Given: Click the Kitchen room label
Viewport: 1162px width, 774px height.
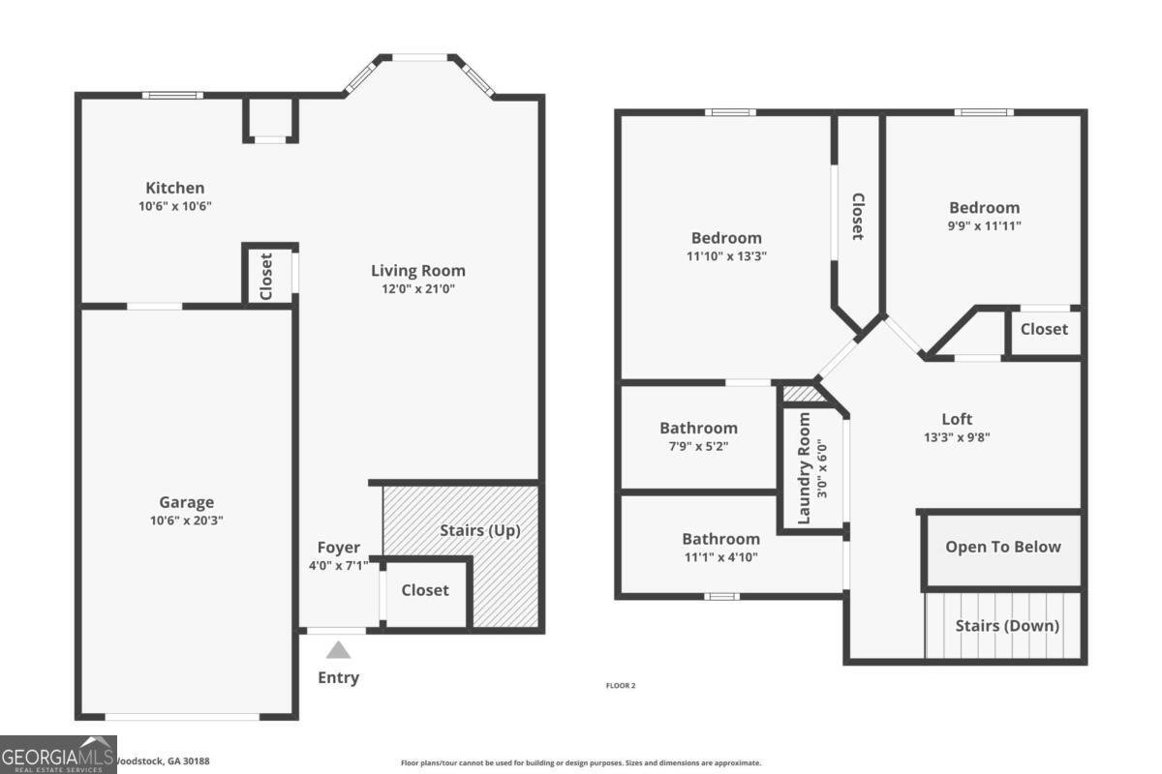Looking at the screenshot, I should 175,188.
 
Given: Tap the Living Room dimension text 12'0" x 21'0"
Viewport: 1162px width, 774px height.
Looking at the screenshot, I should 418,289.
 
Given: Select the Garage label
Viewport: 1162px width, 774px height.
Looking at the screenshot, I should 187,502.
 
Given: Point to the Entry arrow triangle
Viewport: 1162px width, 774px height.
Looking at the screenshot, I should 338,650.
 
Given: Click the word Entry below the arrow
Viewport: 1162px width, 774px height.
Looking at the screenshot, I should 338,677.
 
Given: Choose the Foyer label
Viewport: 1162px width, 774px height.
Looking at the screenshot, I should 338,547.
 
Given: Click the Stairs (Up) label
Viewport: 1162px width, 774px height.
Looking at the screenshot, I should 479,530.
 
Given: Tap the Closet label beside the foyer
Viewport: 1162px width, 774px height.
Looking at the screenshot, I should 425,589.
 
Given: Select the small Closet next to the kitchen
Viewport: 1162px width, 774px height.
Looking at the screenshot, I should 266,275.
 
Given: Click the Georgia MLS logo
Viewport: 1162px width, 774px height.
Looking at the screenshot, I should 58,755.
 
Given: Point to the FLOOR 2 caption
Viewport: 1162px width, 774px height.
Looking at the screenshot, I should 620,685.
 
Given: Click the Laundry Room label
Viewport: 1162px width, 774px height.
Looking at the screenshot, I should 804,468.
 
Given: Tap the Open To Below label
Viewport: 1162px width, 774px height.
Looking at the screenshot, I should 1003,547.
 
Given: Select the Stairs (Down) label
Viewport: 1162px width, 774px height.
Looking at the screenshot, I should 1007,625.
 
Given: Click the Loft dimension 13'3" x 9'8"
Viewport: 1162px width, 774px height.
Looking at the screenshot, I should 957,436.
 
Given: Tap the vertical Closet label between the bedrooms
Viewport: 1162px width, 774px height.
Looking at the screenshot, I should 857,217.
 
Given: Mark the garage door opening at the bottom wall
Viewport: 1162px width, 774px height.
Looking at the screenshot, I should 182,717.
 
